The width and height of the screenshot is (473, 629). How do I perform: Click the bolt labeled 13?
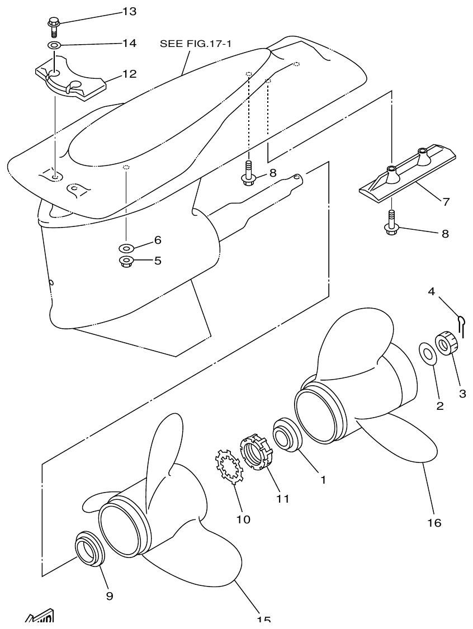point(54,27)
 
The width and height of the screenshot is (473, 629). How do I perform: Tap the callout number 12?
point(129,74)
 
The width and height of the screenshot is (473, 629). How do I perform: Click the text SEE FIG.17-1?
point(195,43)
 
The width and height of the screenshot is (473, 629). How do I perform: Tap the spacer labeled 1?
point(287,434)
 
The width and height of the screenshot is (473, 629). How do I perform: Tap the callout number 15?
point(263,619)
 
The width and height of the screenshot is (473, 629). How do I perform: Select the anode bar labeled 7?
point(406,174)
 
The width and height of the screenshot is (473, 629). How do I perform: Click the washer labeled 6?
point(126,248)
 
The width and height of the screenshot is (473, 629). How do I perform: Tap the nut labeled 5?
point(126,261)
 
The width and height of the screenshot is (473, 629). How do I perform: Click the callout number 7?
point(446,202)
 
